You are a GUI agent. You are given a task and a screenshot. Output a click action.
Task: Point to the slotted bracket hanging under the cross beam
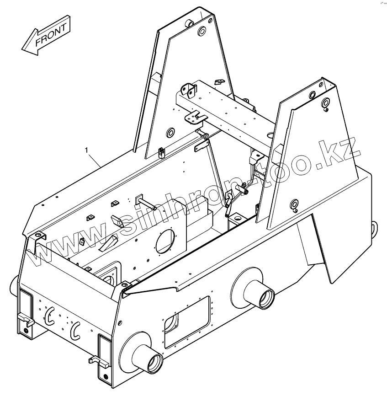pos(194,118)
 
